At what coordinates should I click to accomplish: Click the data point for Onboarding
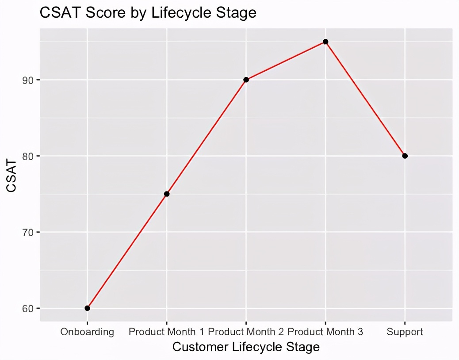point(87,308)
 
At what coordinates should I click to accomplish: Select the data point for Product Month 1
point(167,194)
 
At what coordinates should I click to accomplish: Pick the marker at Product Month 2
point(246,80)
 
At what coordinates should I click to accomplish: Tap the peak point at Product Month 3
point(325,42)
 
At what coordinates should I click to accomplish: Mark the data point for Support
point(405,156)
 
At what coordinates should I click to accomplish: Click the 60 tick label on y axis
point(28,308)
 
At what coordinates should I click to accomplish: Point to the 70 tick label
point(28,232)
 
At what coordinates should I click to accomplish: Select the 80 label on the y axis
point(28,156)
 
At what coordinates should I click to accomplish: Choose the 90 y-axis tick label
point(28,80)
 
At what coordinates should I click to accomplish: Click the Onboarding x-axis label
point(87,332)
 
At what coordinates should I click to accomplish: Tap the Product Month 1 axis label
point(167,332)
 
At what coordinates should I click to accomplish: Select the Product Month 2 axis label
point(246,332)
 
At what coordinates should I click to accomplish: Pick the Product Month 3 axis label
point(325,332)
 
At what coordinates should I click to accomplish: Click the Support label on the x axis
point(405,332)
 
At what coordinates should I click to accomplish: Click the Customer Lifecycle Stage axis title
point(246,347)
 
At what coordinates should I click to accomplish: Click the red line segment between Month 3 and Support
point(365,99)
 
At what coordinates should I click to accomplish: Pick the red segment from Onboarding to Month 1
point(127,251)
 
